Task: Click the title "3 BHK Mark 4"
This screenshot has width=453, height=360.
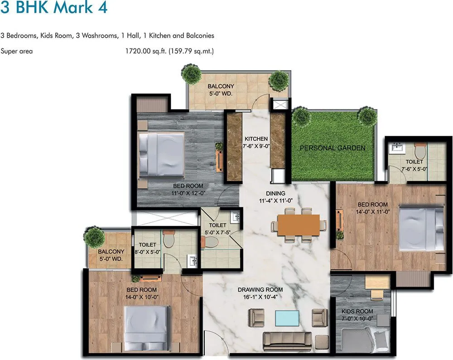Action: (x=54, y=8)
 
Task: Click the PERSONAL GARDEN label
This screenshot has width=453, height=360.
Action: (x=332, y=148)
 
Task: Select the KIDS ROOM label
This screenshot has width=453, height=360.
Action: (x=358, y=315)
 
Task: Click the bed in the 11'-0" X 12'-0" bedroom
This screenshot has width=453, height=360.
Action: (x=161, y=155)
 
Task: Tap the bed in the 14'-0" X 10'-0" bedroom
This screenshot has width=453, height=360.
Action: (x=146, y=325)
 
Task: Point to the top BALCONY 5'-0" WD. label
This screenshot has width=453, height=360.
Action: (x=221, y=90)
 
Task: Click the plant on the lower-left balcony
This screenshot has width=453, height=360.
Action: (x=94, y=236)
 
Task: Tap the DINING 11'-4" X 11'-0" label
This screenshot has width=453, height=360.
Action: (x=275, y=197)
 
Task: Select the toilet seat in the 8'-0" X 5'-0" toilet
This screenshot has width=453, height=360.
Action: (x=169, y=239)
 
